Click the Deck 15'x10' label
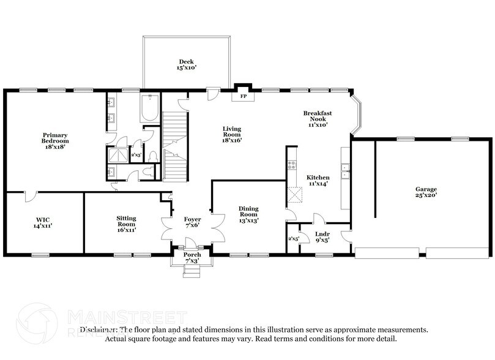(x=186, y=65)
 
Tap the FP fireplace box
(x=243, y=97)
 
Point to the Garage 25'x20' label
(x=426, y=192)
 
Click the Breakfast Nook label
(x=318, y=118)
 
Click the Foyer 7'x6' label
(x=192, y=222)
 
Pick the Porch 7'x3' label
(x=192, y=257)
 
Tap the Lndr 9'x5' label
(x=322, y=236)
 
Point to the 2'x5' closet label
(x=294, y=239)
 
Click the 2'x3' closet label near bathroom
(x=136, y=155)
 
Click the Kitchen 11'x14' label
(x=318, y=181)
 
